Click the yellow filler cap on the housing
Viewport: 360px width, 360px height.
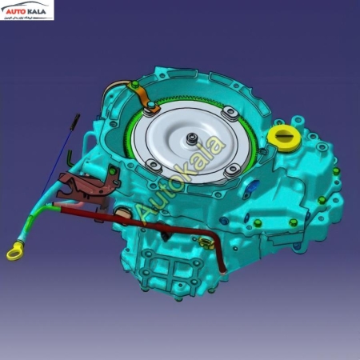282,137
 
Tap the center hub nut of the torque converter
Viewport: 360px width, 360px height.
194,141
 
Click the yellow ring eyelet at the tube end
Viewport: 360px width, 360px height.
14,254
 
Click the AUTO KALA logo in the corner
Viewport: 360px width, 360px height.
27,10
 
